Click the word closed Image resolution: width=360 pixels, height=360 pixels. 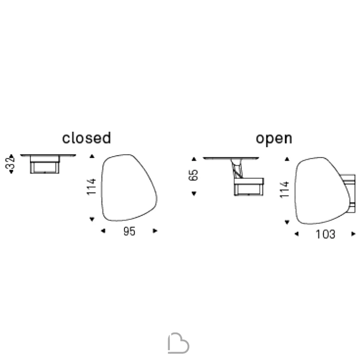point(86,138)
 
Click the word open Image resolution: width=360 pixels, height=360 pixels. point(274,139)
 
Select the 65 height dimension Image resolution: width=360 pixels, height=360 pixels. point(194,175)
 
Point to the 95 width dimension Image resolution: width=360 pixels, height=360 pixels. point(130,231)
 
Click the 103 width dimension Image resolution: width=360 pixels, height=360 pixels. point(325,234)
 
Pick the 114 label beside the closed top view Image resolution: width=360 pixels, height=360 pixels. point(91,186)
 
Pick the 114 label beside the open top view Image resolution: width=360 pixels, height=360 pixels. point(285,189)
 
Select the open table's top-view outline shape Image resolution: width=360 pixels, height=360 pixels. point(295,190)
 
